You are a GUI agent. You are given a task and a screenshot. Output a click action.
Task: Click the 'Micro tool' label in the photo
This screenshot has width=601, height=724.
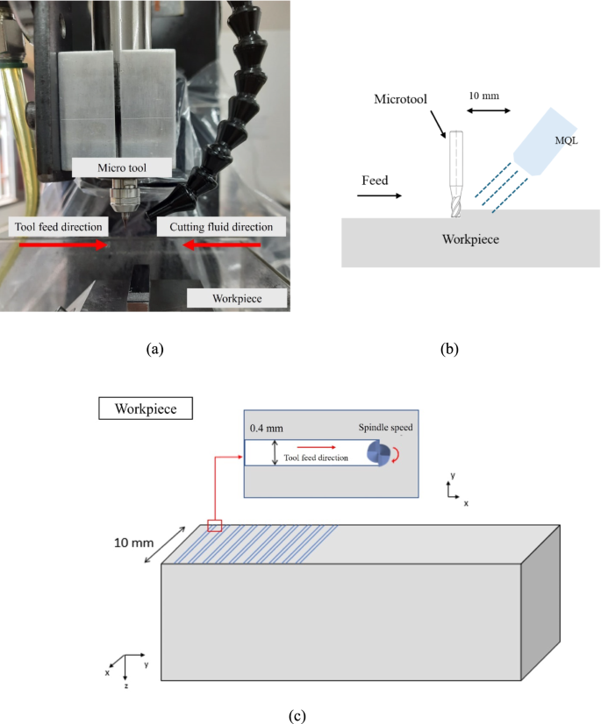122,167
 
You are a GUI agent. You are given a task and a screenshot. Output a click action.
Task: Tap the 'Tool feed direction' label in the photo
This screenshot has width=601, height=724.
58,227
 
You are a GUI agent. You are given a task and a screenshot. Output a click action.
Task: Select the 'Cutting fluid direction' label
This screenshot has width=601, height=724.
221,227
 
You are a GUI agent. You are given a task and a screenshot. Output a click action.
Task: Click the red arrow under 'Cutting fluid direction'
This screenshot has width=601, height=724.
221,245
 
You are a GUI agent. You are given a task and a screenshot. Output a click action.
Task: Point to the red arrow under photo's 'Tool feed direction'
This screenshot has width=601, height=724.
63,245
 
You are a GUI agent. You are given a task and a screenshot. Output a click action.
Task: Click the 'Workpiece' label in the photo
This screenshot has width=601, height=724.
237,298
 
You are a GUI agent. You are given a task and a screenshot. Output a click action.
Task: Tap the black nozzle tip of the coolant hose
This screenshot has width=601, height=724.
153,215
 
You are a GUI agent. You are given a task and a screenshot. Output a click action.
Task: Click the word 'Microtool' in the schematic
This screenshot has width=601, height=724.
400,99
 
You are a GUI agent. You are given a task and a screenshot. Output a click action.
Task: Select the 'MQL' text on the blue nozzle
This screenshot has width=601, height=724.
566,140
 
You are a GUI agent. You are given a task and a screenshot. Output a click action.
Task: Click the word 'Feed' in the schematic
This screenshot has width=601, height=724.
375,180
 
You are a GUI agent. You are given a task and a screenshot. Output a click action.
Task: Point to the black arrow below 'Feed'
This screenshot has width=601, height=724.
380,195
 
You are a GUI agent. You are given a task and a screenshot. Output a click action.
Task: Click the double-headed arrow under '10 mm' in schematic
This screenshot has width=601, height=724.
489,110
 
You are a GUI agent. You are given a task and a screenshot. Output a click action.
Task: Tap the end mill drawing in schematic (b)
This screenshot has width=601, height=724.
456,174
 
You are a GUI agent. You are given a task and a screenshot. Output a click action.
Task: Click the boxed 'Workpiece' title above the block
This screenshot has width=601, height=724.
146,408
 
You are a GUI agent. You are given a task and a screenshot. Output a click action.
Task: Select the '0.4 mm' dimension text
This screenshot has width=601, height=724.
267,428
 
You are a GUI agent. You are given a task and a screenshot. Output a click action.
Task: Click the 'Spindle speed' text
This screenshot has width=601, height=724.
385,427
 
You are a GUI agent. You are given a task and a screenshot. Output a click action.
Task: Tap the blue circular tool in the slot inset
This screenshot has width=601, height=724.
379,453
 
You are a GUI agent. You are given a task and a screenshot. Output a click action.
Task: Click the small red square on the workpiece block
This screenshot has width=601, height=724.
214,525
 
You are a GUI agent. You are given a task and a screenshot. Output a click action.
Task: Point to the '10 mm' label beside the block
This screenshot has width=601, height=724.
133,543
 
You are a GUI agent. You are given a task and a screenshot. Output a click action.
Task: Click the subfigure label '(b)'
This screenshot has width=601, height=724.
449,349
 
